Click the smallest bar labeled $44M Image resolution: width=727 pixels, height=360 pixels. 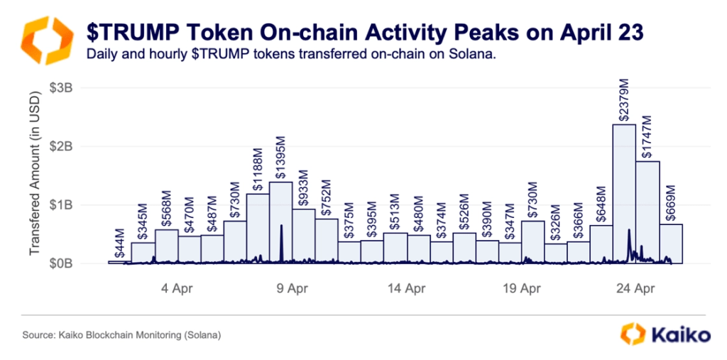pyautogui.click(x=119, y=262)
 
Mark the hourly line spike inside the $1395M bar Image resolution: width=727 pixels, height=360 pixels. pyautogui.click(x=282, y=234)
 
